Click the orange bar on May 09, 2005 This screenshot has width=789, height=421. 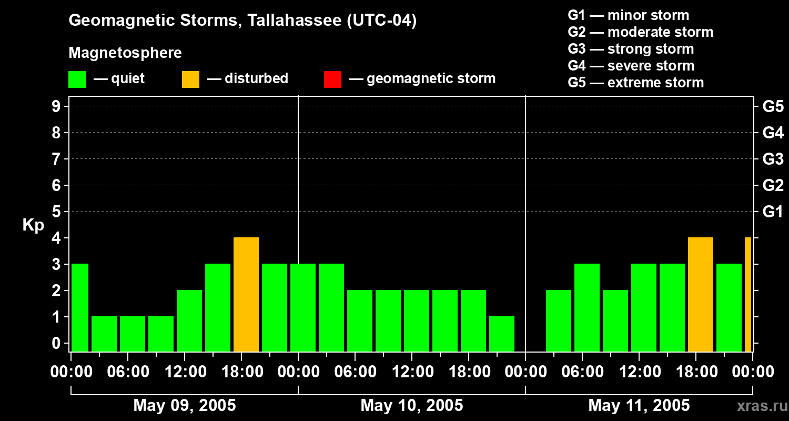(x=246, y=294)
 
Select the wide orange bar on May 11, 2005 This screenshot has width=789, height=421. (x=700, y=294)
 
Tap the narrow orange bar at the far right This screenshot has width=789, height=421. (x=748, y=294)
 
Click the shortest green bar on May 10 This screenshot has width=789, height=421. (x=502, y=334)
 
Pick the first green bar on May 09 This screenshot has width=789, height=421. (x=79, y=307)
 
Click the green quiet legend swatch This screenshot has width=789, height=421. (x=77, y=79)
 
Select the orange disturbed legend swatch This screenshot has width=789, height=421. (x=190, y=79)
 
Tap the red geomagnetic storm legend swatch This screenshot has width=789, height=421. (x=332, y=79)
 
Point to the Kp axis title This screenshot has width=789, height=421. (x=33, y=225)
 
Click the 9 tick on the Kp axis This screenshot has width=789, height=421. (x=56, y=106)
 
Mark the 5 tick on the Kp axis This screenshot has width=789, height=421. (x=56, y=212)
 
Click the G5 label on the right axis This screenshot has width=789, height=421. (x=773, y=106)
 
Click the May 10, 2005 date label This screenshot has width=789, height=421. (x=412, y=405)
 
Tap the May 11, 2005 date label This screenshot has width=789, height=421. (x=639, y=405)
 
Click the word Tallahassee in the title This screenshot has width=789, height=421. (x=295, y=20)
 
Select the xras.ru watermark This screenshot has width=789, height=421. (x=762, y=406)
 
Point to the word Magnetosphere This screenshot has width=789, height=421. (x=125, y=53)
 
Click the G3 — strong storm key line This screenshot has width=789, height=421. (x=631, y=49)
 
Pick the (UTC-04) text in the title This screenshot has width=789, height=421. (x=382, y=21)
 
